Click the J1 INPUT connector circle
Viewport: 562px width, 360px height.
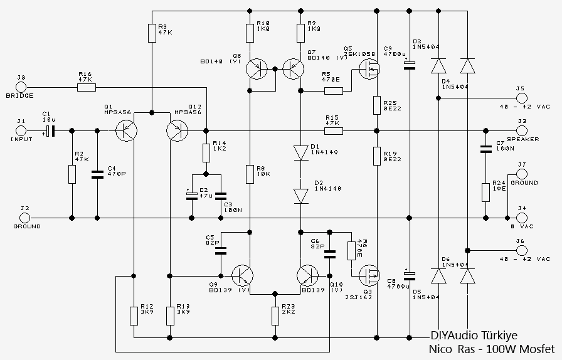pyautogui.click(x=20, y=131)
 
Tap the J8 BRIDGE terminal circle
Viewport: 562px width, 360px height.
pyautogui.click(x=20, y=87)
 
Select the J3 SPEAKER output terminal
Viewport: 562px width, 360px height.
pyautogui.click(x=522, y=131)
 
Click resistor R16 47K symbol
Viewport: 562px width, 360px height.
pyautogui.click(x=86, y=87)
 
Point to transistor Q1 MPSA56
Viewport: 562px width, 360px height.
pyautogui.click(x=127, y=131)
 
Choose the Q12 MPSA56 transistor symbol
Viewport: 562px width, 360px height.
pyautogui.click(x=178, y=131)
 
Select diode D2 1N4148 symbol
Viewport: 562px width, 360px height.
pyautogui.click(x=300, y=196)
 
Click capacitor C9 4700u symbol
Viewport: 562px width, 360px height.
pyautogui.click(x=409, y=65)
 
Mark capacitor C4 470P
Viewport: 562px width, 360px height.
pyautogui.click(x=97, y=174)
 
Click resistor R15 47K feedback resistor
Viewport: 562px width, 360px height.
pyautogui.click(x=332, y=131)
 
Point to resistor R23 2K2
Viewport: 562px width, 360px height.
pyautogui.click(x=275, y=315)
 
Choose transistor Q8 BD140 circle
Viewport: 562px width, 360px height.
pyautogui.click(x=257, y=69)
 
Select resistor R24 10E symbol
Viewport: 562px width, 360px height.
pyautogui.click(x=485, y=192)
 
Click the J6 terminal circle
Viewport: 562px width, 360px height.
pyautogui.click(x=522, y=250)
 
